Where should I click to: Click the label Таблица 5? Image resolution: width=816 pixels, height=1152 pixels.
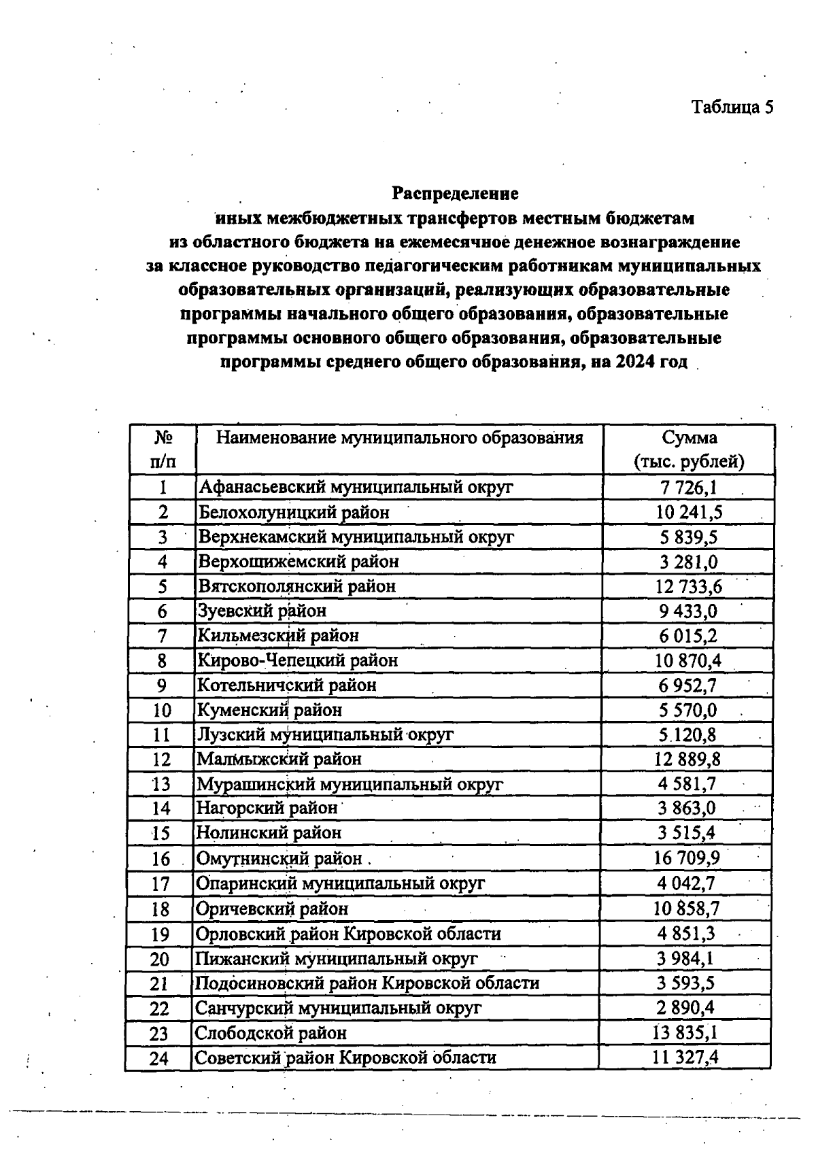coord(732,107)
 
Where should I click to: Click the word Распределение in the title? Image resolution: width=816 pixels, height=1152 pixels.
coord(455,194)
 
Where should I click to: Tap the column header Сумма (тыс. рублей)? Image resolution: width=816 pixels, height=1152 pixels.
coord(689,450)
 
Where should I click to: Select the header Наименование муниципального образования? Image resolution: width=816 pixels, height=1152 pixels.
coord(399,437)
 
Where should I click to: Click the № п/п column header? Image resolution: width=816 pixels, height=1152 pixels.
coord(163,450)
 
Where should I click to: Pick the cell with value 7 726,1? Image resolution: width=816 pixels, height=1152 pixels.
coord(688,488)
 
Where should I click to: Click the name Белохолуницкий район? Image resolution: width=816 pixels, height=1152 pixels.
coord(294,512)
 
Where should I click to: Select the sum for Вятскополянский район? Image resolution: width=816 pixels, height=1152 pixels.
coord(688,586)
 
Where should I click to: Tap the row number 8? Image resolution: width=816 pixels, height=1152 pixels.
coord(162,661)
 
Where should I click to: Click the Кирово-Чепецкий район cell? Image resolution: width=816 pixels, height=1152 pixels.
coord(297,660)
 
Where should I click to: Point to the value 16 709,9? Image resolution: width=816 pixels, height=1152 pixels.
coord(687,858)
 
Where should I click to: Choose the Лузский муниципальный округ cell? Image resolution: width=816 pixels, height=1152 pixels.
coord(324,734)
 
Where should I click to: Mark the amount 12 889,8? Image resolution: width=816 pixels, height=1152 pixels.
coord(687,759)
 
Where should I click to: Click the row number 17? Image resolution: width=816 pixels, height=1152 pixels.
coord(160,884)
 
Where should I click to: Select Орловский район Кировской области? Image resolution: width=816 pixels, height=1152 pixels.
coord(348,934)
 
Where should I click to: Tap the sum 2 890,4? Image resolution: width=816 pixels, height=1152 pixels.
coord(686,1008)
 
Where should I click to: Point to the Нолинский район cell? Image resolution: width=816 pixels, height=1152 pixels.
coord(269,833)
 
